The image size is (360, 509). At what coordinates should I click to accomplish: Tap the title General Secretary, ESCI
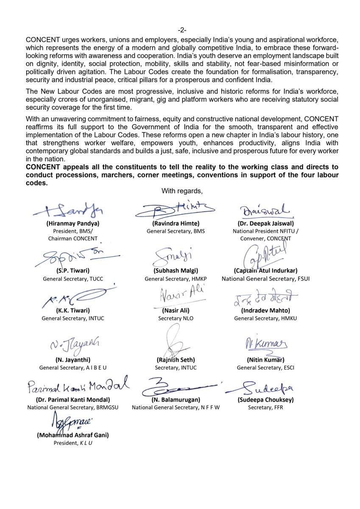click(265, 368)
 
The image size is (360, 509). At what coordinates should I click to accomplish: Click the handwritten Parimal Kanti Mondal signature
click(78, 386)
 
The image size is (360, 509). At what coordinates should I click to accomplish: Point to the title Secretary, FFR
click(265, 408)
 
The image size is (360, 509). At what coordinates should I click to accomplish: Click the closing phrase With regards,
click(179, 191)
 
